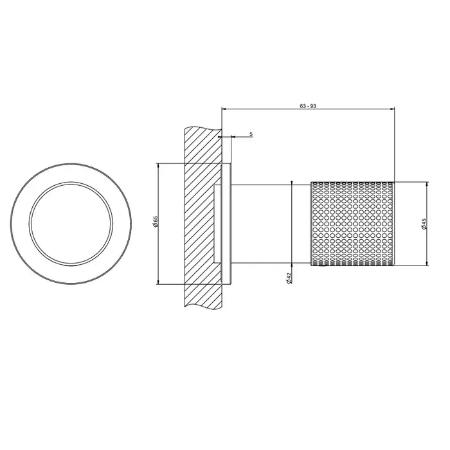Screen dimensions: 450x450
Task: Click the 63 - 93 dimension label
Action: (x=308, y=106)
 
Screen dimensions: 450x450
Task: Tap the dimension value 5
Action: (x=251, y=134)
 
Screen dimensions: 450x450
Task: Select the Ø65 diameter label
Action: (x=156, y=222)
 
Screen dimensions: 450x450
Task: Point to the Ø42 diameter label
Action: (x=289, y=278)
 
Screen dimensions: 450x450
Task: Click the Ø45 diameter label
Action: (x=424, y=224)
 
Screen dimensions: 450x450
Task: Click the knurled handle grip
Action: (x=353, y=224)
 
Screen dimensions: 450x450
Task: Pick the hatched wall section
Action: (x=203, y=217)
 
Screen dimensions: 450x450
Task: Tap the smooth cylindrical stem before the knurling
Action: (x=271, y=224)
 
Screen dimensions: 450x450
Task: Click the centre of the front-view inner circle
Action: (x=71, y=224)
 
